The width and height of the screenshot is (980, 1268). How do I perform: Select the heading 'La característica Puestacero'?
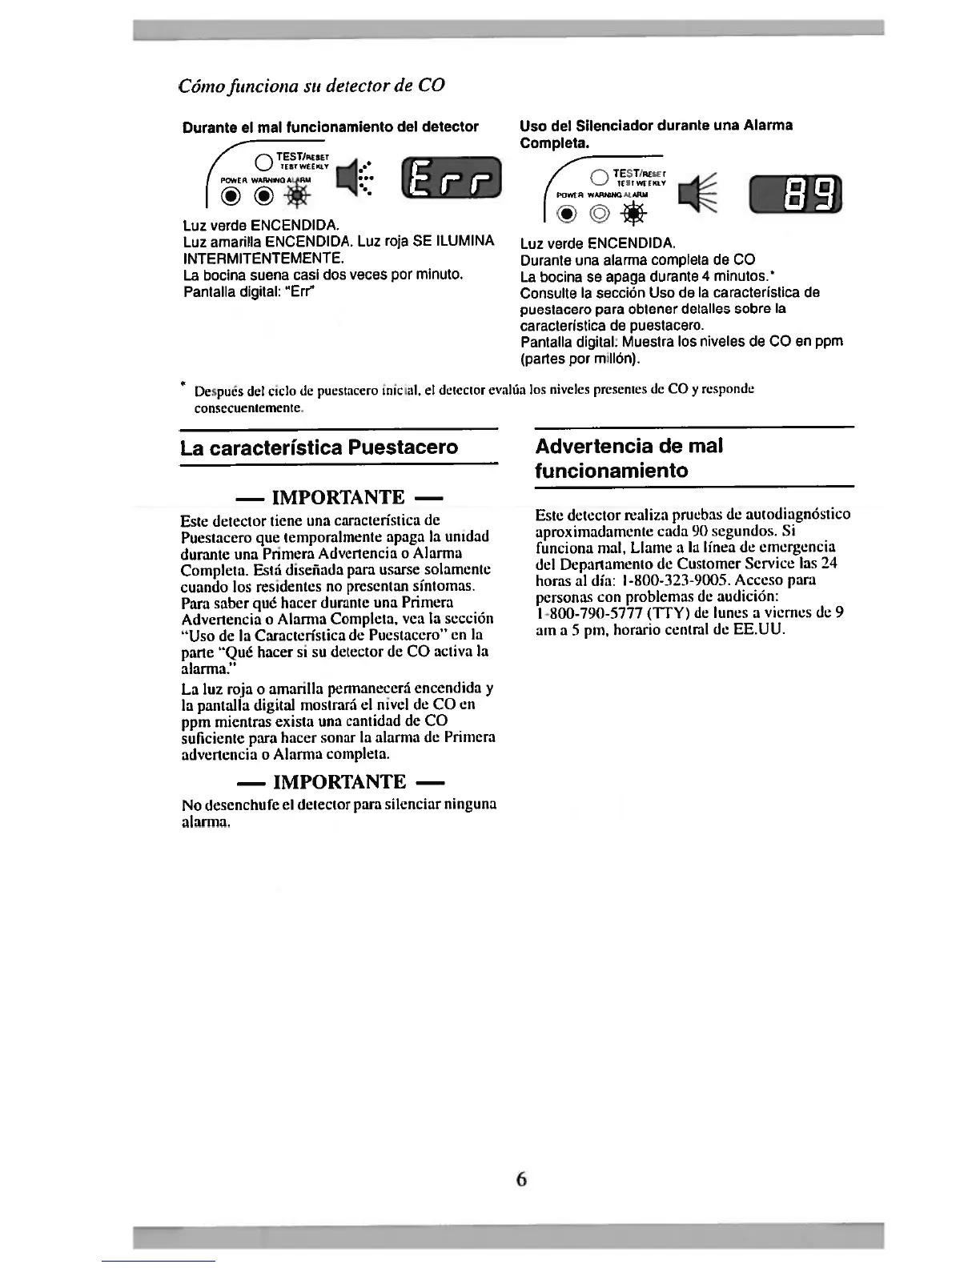point(319,447)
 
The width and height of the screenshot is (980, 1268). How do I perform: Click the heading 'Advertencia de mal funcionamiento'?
point(629,458)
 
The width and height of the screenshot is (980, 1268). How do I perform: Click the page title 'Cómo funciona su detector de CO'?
point(311,86)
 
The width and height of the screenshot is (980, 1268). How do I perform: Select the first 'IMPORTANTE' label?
point(338,498)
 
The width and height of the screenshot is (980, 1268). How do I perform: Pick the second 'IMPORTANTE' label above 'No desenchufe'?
point(338,781)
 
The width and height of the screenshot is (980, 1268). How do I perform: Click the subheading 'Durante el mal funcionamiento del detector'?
point(331,126)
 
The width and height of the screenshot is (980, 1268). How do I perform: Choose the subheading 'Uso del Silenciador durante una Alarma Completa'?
point(656,134)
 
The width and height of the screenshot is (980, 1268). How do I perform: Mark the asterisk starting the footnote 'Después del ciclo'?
point(184,386)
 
